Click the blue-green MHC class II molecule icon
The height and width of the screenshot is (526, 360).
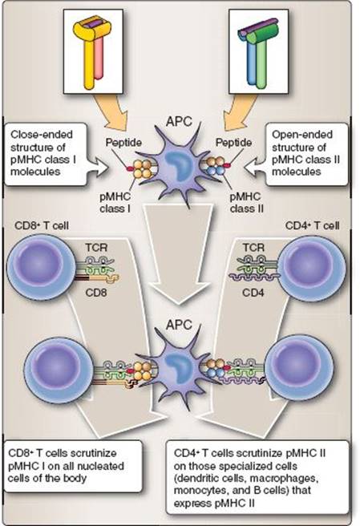(x=257, y=52)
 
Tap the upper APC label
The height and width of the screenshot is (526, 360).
(x=179, y=121)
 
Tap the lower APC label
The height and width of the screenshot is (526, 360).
(x=179, y=325)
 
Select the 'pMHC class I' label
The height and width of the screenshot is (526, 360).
(x=115, y=203)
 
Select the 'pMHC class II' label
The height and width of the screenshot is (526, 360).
(x=247, y=203)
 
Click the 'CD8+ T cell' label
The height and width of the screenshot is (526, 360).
(x=42, y=225)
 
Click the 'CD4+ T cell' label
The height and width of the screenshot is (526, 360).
(x=312, y=225)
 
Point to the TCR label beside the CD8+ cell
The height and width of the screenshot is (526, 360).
(x=96, y=248)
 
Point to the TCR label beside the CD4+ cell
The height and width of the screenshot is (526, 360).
(x=253, y=248)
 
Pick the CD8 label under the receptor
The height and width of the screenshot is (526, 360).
(x=96, y=293)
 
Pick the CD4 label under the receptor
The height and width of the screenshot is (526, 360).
(x=253, y=293)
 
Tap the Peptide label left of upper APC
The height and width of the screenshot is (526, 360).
(x=123, y=143)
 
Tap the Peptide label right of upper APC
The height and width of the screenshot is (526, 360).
(x=233, y=143)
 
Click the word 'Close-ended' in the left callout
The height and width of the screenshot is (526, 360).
(x=42, y=135)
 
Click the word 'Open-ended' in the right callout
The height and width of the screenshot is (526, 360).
(x=302, y=135)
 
